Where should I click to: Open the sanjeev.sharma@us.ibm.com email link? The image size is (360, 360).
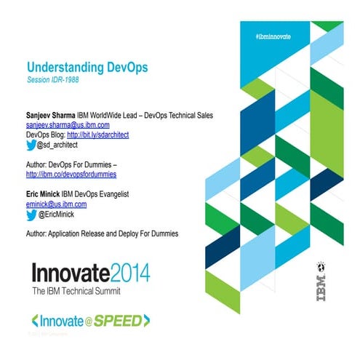tap(68, 125)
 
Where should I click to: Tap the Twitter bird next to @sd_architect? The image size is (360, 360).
tap(31, 144)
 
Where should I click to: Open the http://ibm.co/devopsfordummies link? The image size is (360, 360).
tap(71, 175)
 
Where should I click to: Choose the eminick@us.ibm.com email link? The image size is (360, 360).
tap(56, 205)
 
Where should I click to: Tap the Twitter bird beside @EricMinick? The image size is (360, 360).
tap(31, 215)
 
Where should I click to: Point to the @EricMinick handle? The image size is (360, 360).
tap(57, 215)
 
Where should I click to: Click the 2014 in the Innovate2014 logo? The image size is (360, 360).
tap(129, 273)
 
